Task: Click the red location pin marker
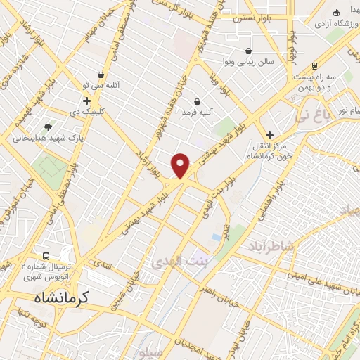[x=181, y=165]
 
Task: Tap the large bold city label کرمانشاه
[x=63, y=298]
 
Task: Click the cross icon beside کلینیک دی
[x=86, y=101]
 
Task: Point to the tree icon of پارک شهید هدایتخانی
[x=48, y=127]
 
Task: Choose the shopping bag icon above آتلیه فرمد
[x=197, y=101]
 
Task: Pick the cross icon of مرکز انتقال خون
[x=269, y=134]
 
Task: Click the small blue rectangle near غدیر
[x=217, y=237]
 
